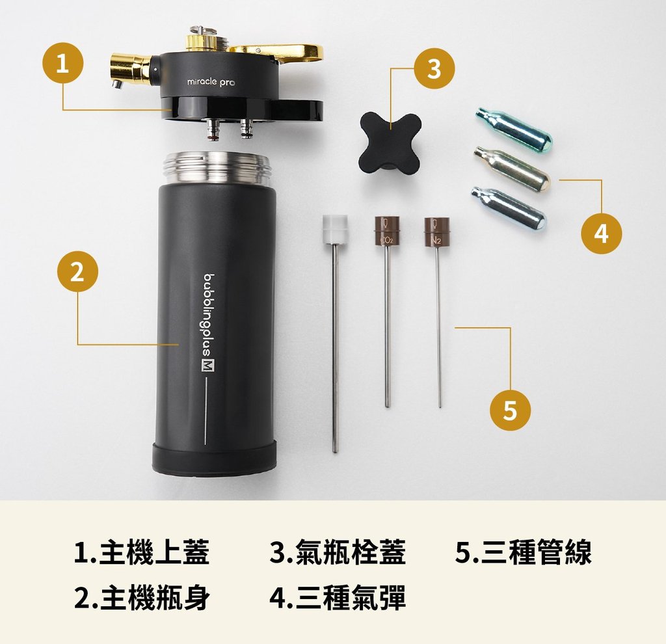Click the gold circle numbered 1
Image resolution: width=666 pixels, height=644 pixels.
pyautogui.click(x=62, y=64)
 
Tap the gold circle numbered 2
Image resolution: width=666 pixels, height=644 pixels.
pyautogui.click(x=78, y=271)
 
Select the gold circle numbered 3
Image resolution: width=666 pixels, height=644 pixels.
pyautogui.click(x=434, y=68)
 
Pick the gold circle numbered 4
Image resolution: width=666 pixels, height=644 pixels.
pyautogui.click(x=602, y=233)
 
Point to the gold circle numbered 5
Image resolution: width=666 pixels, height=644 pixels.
pyautogui.click(x=510, y=410)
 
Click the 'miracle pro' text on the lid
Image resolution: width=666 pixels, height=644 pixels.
pyautogui.click(x=211, y=82)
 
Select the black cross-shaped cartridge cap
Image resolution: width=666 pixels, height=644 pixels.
pyautogui.click(x=390, y=142)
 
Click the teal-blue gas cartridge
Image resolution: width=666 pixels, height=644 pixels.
pyautogui.click(x=514, y=129)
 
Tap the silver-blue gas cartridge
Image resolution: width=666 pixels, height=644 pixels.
pyautogui.click(x=508, y=208)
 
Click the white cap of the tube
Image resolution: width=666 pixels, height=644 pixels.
pyautogui.click(x=335, y=230)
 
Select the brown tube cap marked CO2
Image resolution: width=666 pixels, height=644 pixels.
pyautogui.click(x=386, y=231)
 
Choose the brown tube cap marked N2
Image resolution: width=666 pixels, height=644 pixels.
pyautogui.click(x=436, y=232)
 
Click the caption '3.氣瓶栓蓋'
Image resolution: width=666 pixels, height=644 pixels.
pyautogui.click(x=338, y=552)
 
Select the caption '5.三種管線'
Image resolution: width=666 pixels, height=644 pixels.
pyautogui.click(x=524, y=552)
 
